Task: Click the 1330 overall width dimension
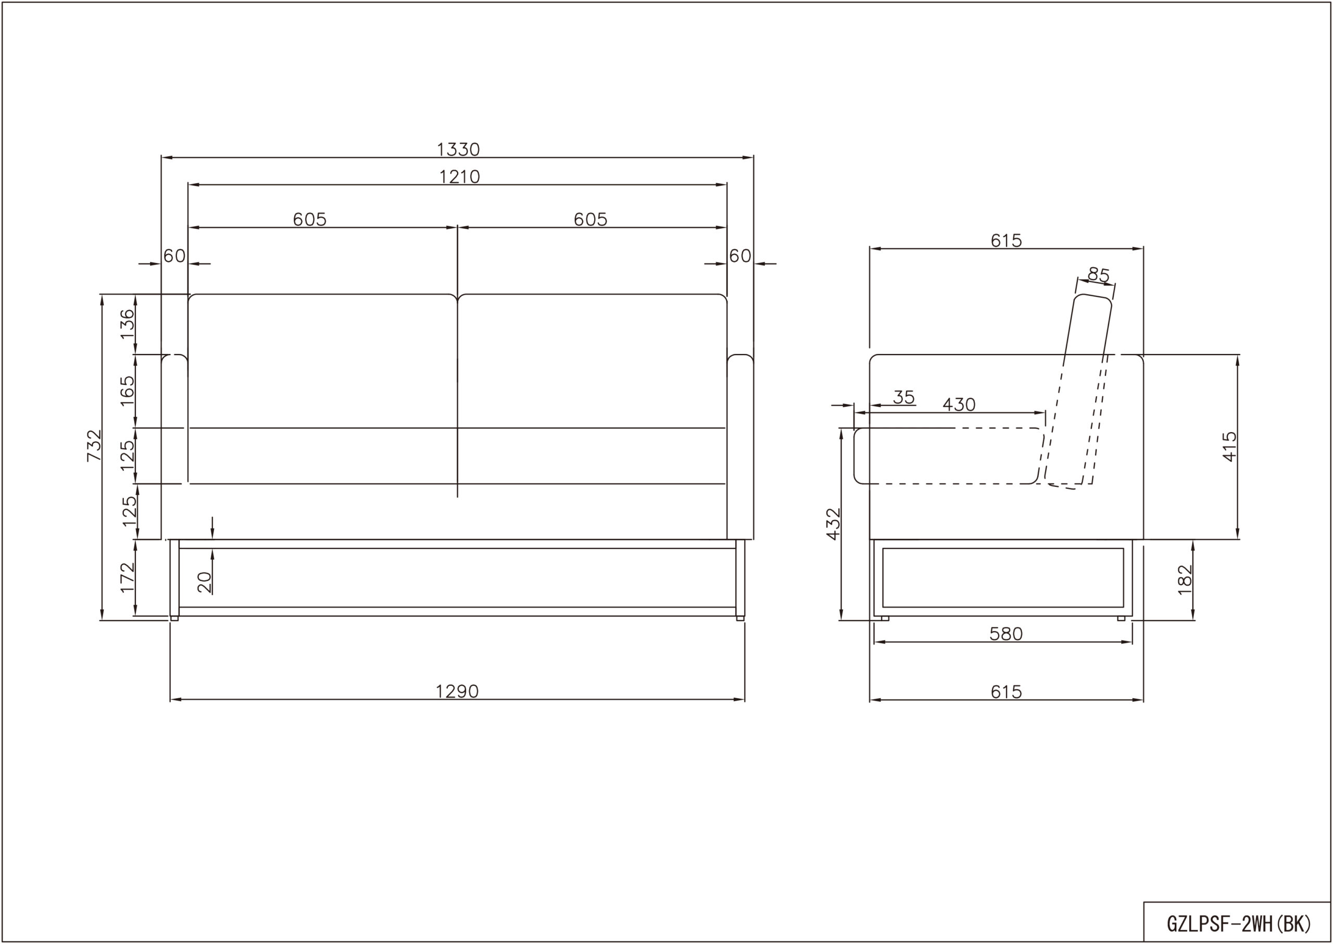(x=458, y=150)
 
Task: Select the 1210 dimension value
(x=459, y=177)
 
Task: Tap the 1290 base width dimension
(x=457, y=691)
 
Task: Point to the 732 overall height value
(x=94, y=446)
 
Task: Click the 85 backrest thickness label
(x=1098, y=275)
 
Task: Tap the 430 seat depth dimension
(x=959, y=405)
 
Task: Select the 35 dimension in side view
(x=904, y=398)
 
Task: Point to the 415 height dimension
(x=1229, y=446)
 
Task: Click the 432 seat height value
(x=834, y=524)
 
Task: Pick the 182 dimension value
(x=1185, y=580)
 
